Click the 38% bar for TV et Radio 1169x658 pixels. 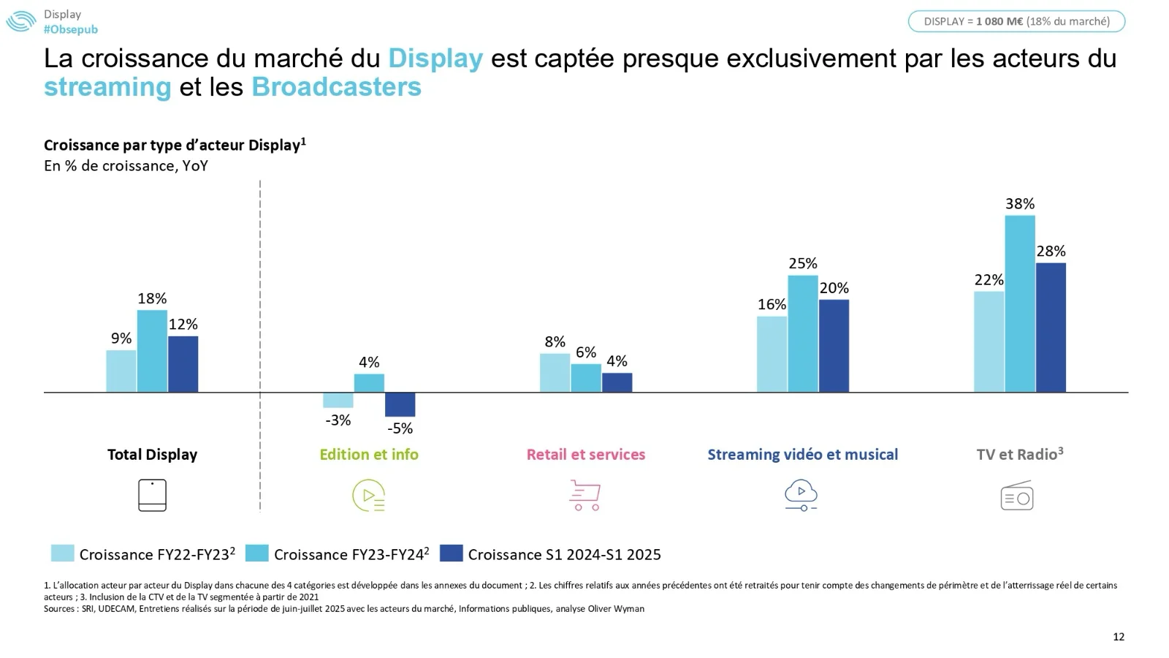[1019, 303]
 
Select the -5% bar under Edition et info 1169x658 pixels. [400, 404]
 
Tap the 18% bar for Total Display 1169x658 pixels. [152, 351]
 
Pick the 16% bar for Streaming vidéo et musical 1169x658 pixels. [772, 354]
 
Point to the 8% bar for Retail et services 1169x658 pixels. [555, 373]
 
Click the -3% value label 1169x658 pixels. [338, 420]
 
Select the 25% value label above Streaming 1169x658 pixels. [802, 263]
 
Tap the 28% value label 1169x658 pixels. [1051, 252]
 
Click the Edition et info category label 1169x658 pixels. [369, 455]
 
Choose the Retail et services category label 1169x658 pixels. [586, 455]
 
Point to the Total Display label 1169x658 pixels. [152, 455]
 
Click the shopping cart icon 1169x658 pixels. [584, 495]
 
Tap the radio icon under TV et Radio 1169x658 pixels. [1016, 496]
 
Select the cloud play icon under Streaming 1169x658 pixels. [801, 495]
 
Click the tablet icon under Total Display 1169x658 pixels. [152, 495]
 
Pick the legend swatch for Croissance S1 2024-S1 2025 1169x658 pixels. [452, 553]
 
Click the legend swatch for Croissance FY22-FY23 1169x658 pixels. [62, 553]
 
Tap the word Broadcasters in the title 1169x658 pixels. [336, 87]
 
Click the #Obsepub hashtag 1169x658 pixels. [70, 29]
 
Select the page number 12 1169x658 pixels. [1119, 637]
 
